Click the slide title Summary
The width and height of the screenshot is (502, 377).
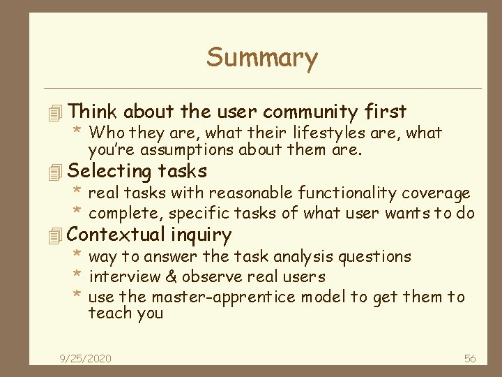(x=261, y=57)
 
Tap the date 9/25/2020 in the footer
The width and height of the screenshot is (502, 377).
(x=86, y=359)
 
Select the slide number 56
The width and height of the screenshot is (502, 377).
(x=470, y=359)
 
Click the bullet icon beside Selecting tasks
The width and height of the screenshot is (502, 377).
(x=58, y=172)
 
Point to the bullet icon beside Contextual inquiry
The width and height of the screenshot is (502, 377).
(x=58, y=235)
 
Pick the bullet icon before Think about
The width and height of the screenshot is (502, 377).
(x=58, y=112)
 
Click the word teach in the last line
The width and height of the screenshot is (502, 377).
(x=107, y=313)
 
